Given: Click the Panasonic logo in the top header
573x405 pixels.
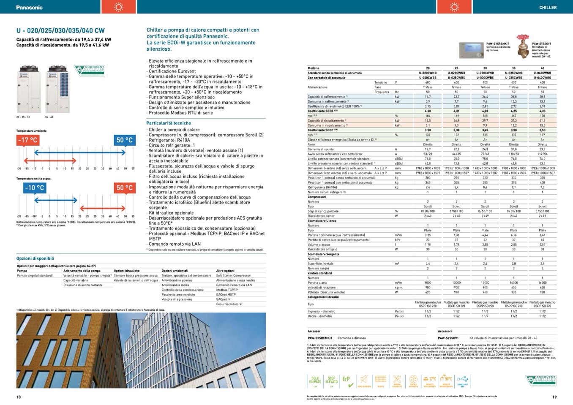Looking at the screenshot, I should point(29,8).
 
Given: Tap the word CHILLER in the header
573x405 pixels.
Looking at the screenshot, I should point(548,8).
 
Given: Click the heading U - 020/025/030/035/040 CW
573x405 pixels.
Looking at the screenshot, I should point(60,30).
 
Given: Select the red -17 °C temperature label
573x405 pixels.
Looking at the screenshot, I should point(27,140).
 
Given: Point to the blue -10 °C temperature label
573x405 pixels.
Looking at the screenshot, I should point(34,188).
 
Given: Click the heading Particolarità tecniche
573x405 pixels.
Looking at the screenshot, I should point(169,123).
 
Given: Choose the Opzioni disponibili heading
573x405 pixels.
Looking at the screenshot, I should point(35,258).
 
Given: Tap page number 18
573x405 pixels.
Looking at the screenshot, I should point(19,397).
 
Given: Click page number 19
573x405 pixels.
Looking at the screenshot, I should point(554,397).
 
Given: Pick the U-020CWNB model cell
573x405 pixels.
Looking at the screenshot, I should point(428,73).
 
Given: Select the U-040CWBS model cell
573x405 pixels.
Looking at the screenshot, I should point(542,78).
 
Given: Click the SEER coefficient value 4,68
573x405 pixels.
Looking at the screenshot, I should point(428,111).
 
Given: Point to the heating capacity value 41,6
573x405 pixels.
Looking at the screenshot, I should point(542,120).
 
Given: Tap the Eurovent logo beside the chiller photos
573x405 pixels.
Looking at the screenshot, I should point(89,71).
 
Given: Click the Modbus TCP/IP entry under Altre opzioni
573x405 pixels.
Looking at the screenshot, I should point(227,290).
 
